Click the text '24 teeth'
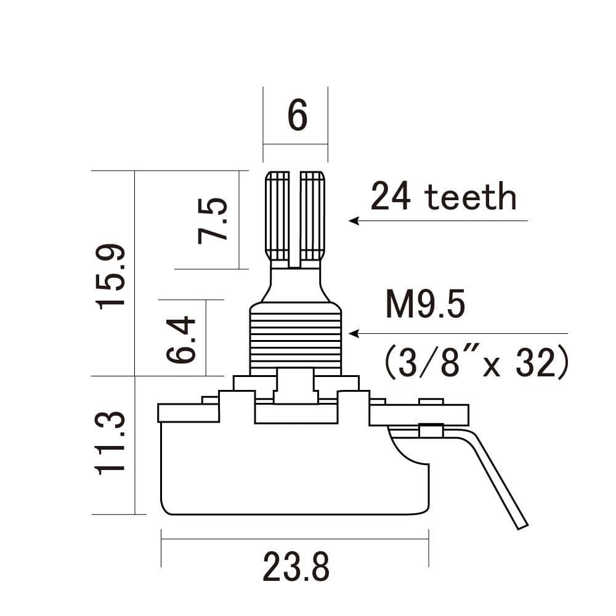[443, 197]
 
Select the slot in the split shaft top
[295, 219]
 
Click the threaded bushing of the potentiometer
[295, 339]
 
